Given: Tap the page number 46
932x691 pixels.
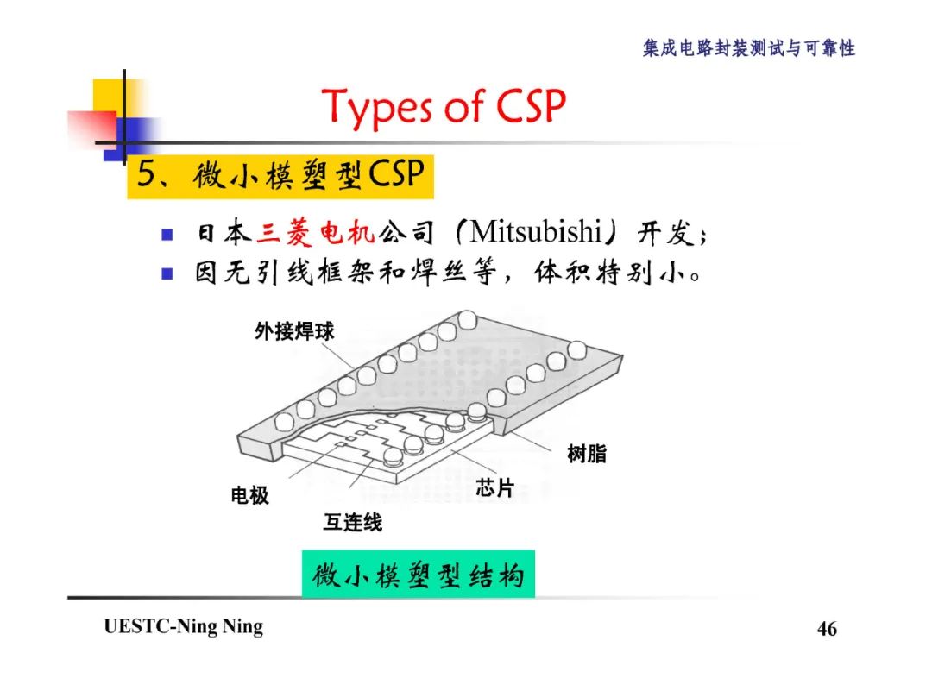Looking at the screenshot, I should click(826, 629).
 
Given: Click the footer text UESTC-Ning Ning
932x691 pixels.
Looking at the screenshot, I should click(183, 627).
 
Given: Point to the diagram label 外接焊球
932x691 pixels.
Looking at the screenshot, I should click(293, 331).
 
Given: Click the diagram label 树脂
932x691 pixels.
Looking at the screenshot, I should click(586, 454).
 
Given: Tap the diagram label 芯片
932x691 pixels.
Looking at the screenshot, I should click(494, 488).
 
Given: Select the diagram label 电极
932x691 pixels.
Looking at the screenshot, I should click(249, 495).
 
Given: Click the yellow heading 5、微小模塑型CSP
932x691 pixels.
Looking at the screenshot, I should click(280, 177).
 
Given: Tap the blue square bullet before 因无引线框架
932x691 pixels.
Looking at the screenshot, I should click(167, 275).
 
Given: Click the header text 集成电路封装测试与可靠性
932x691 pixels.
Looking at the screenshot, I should click(748, 48).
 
